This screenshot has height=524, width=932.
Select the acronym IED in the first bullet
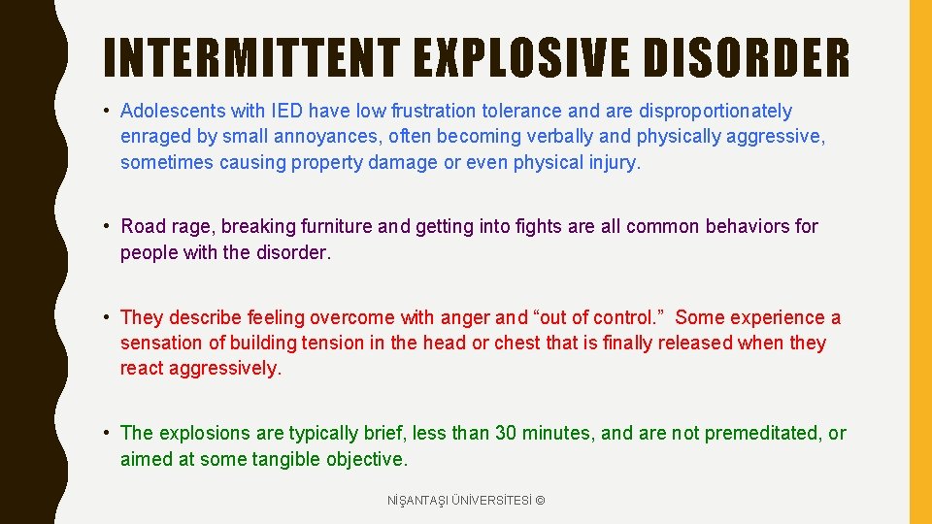coord(286,111)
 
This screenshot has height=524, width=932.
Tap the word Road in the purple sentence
coord(142,226)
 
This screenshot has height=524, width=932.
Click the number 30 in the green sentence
coord(506,433)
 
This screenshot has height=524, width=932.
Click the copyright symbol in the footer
coord(540,501)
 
